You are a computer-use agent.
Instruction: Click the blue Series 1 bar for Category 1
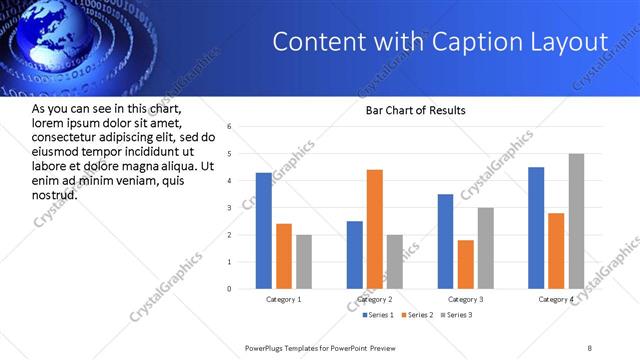(x=263, y=231)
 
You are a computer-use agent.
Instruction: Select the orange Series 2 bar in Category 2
(x=375, y=229)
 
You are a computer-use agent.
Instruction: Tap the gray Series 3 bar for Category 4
(x=576, y=221)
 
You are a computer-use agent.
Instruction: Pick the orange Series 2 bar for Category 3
(x=465, y=264)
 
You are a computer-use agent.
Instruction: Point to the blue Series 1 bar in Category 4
(x=536, y=228)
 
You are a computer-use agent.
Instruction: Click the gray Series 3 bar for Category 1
(x=303, y=262)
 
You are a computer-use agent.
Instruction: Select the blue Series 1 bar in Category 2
(x=355, y=255)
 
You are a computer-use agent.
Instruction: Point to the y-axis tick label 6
(x=229, y=127)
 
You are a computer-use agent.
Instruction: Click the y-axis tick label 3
(x=229, y=208)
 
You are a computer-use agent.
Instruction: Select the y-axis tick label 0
(x=229, y=289)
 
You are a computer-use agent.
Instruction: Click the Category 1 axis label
(x=284, y=299)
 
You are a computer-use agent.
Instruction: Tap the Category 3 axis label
(x=465, y=299)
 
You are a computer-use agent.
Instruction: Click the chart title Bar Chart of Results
(x=415, y=110)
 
